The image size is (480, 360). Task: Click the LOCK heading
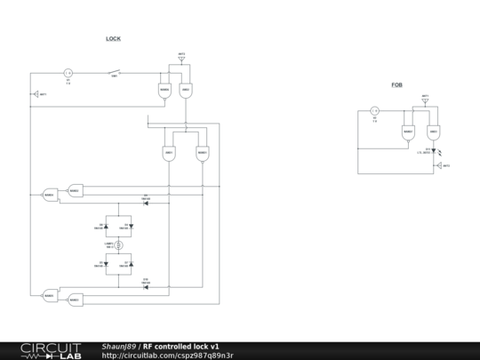[x=113, y=39]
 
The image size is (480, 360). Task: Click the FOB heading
[x=396, y=84]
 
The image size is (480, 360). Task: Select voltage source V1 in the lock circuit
[x=68, y=73]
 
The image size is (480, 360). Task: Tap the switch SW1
[x=115, y=72]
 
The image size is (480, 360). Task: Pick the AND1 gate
[x=168, y=153]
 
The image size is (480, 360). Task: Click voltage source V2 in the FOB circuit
[x=374, y=111]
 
